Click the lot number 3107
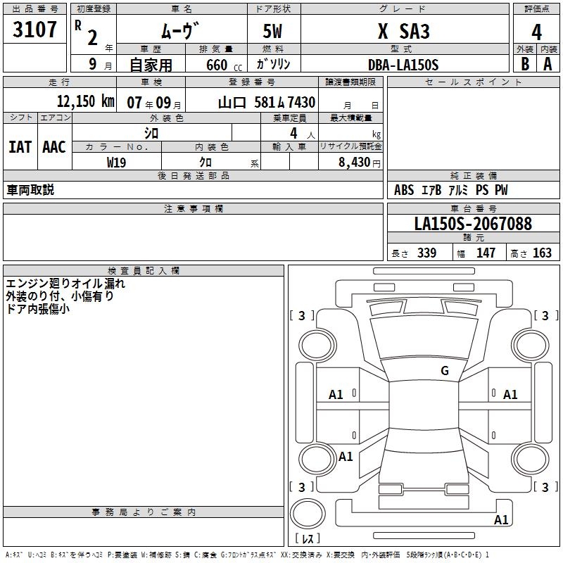pos(34,30)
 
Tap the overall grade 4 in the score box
pos(536,32)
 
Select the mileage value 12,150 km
pos(86,101)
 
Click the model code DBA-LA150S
pos(403,65)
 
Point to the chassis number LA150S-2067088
pos(473,224)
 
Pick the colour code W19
pos(116,163)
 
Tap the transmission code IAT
pos(20,147)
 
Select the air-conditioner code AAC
pos(54,147)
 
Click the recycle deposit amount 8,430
pos(355,163)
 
